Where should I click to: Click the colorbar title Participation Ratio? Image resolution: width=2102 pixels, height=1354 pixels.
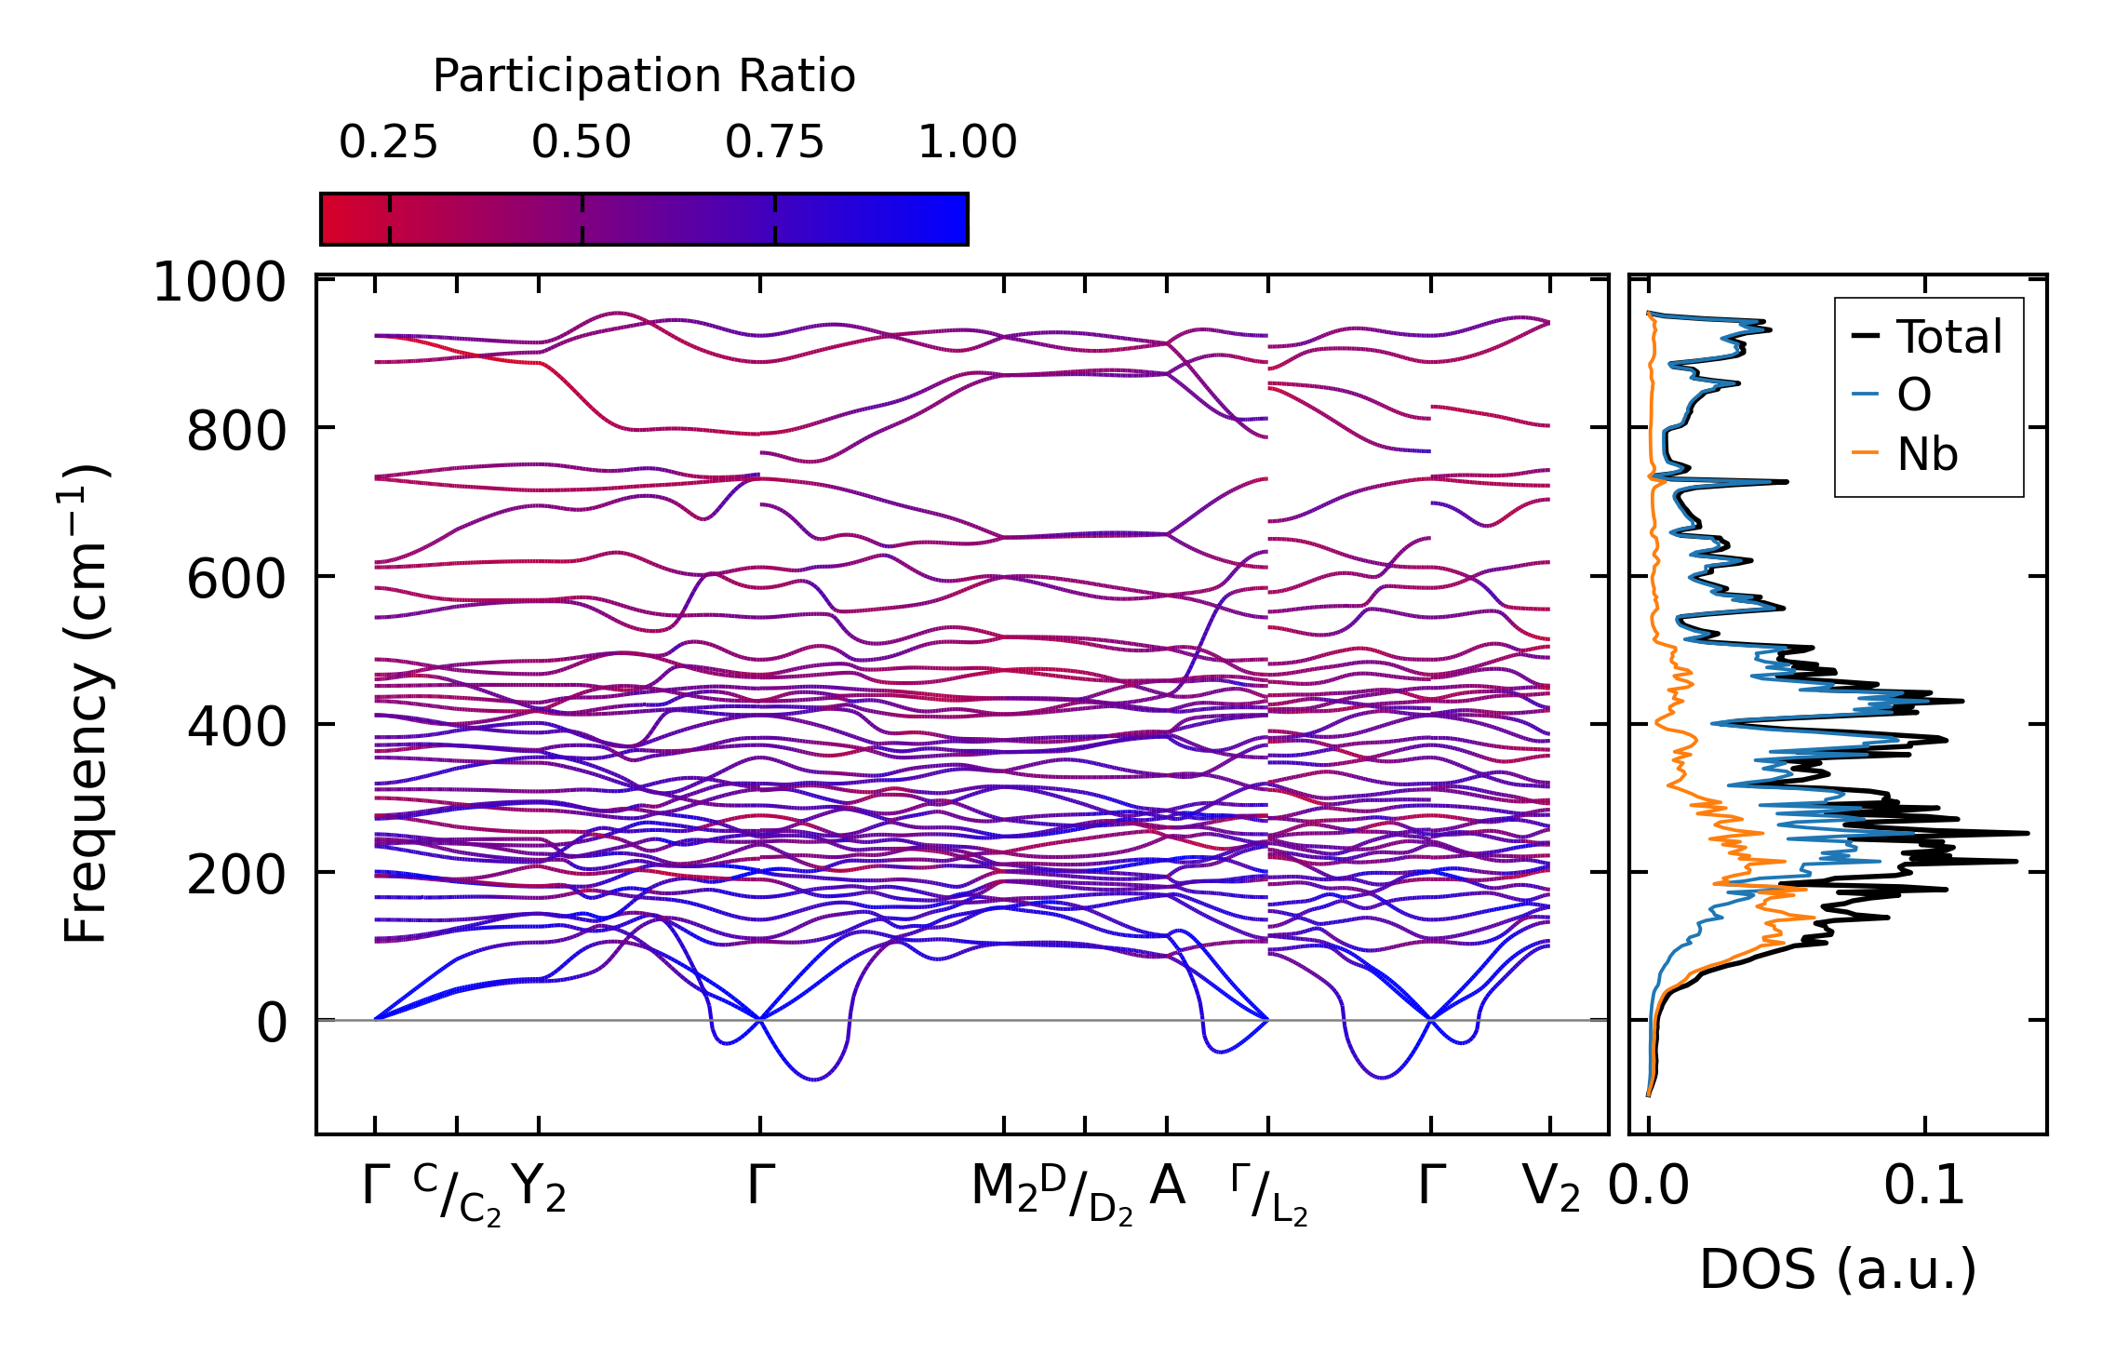[644, 76]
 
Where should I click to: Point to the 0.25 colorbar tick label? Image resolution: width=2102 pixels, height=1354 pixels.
[388, 142]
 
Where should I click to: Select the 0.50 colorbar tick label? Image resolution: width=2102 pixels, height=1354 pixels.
[582, 142]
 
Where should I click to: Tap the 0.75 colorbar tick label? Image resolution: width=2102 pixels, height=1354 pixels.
[774, 142]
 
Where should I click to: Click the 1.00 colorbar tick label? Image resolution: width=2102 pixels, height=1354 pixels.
[968, 142]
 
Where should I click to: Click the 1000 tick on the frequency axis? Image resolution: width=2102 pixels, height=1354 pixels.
[220, 282]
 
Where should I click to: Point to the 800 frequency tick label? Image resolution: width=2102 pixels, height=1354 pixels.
[236, 431]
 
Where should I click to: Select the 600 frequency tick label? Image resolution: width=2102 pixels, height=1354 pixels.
[236, 579]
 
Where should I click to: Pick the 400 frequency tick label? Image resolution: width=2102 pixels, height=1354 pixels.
[236, 727]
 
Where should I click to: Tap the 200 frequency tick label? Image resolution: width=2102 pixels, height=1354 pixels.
[236, 875]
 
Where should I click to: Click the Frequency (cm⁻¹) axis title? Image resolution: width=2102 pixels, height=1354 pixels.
[87, 704]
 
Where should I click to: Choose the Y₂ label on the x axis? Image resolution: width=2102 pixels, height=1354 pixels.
[539, 1188]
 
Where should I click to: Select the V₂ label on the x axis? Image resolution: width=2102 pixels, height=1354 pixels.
[1550, 1188]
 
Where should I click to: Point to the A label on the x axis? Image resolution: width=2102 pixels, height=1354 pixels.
[1167, 1186]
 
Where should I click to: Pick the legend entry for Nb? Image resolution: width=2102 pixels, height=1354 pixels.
[1926, 455]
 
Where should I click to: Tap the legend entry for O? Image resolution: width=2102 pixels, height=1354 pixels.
[1913, 395]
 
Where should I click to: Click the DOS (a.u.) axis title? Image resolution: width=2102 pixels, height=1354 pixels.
[1838, 1270]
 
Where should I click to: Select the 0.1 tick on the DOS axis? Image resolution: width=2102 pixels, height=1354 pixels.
[1924, 1187]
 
